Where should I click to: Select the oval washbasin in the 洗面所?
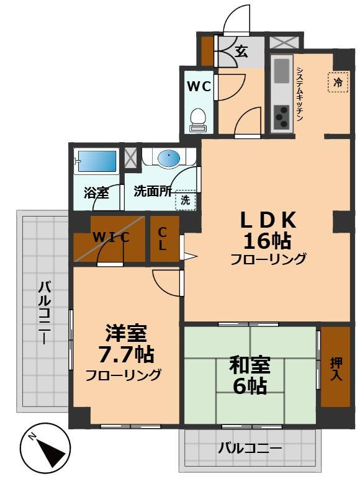click(x=168, y=159)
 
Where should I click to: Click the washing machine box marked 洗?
click(x=185, y=199)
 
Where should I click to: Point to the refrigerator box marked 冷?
click(x=338, y=82)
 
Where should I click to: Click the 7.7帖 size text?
click(x=127, y=355)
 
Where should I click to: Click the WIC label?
click(x=111, y=237)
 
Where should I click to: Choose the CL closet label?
click(x=162, y=238)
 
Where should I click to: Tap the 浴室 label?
click(x=96, y=192)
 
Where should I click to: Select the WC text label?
click(x=199, y=86)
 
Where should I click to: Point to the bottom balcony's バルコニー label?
click(x=250, y=449)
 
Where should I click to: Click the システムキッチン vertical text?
click(x=299, y=93)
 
